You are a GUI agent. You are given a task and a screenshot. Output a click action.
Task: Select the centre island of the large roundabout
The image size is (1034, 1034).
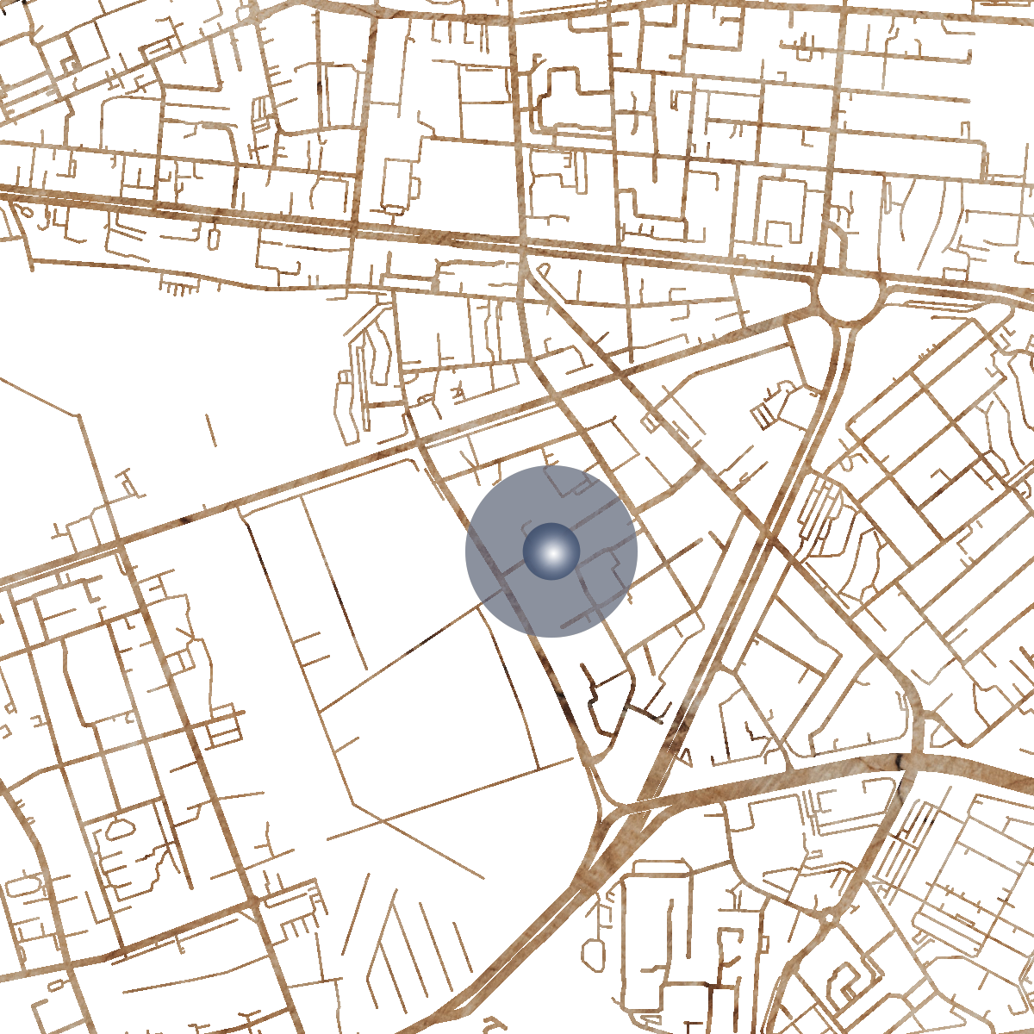(x=849, y=297)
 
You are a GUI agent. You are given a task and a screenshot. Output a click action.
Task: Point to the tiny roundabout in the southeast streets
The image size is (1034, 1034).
(x=828, y=919)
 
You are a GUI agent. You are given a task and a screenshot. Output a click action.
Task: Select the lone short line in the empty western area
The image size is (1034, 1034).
(x=211, y=430)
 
